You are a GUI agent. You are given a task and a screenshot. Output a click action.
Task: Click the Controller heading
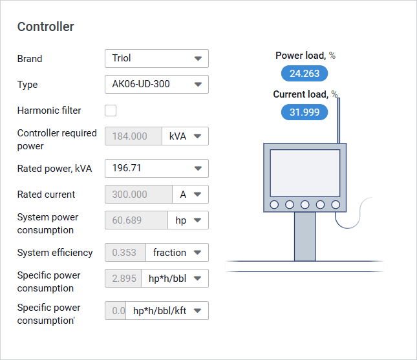tap(45, 26)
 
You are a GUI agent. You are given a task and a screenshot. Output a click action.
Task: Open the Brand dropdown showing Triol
tap(156, 58)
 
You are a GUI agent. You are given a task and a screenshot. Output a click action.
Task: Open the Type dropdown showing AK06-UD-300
tap(156, 84)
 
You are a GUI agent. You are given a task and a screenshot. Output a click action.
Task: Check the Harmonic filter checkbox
tap(111, 111)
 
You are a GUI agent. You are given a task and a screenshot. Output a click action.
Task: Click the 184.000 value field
tap(133, 136)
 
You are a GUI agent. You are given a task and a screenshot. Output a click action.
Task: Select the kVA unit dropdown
tap(185, 136)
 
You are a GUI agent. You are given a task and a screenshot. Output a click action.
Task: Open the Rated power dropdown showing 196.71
tap(156, 168)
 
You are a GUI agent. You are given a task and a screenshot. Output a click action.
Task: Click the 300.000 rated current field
tap(138, 195)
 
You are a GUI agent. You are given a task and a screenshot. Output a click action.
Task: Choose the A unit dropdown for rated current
tap(191, 195)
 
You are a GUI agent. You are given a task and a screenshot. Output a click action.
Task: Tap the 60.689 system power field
tap(136, 220)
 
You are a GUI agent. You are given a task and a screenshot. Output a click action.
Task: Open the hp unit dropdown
tap(188, 220)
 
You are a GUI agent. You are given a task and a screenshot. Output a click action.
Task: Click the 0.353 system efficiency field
tap(125, 252)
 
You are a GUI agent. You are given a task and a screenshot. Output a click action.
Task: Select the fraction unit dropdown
tap(177, 252)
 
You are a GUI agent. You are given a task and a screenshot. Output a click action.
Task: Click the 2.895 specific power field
tap(123, 279)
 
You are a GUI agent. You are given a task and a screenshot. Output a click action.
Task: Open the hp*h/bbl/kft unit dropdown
tap(167, 310)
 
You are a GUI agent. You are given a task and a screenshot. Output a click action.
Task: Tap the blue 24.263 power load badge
tap(305, 74)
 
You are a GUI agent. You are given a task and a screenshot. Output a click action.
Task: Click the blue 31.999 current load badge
tap(305, 112)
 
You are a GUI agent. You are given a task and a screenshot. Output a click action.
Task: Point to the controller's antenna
tap(338, 120)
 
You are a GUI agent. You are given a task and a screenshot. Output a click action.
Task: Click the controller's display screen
tap(305, 173)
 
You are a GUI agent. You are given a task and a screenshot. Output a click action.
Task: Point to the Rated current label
tap(46, 195)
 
